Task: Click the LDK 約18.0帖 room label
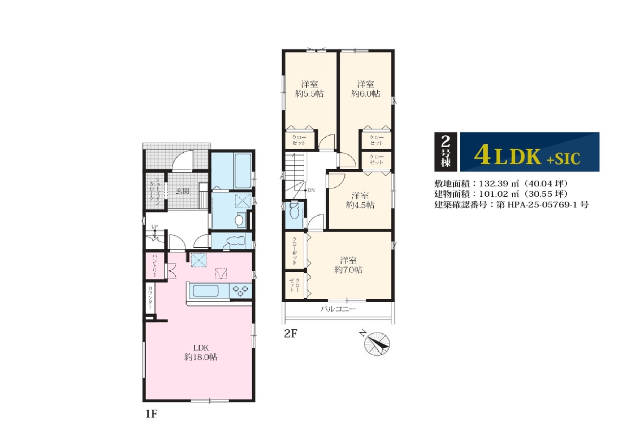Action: [x=201, y=352]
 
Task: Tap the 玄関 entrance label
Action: [x=183, y=191]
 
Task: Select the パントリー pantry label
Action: [x=155, y=266]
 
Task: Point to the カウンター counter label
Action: [x=150, y=298]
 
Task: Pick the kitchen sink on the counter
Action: [x=206, y=291]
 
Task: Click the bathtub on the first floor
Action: [x=242, y=171]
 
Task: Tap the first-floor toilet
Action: [x=235, y=241]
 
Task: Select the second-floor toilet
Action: [x=295, y=210]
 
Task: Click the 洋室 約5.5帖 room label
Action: [x=310, y=89]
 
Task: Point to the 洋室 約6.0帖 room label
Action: [x=366, y=89]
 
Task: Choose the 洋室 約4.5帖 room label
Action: [x=360, y=200]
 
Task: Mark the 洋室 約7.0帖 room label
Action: [x=348, y=265]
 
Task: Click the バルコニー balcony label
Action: [x=339, y=309]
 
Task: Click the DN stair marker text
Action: [x=311, y=190]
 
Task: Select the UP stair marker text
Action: [x=155, y=227]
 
